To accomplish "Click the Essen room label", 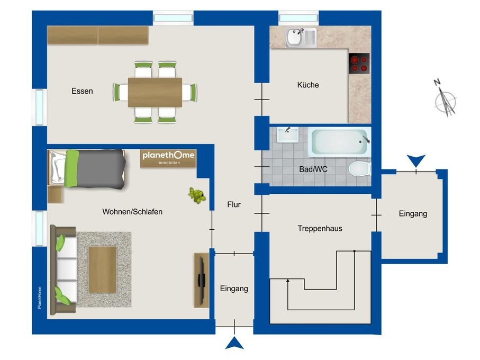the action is point(82,91).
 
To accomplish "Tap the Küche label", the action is point(308,85).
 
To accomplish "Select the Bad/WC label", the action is point(313,169).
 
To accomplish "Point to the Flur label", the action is point(234,204).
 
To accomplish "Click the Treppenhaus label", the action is point(320,228).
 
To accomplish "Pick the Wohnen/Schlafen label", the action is point(132,212).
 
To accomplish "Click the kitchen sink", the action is point(301,38).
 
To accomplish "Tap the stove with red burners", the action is point(359,64).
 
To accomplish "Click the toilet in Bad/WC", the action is point(360,169).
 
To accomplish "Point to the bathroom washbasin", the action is point(288,135).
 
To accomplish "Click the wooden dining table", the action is point(155,92).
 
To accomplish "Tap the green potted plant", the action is point(196,195).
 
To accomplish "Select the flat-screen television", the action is point(201,280).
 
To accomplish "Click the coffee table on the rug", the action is point(103,269).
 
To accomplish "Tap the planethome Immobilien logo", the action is point(168,158).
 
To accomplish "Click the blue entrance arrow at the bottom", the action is point(234,343).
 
